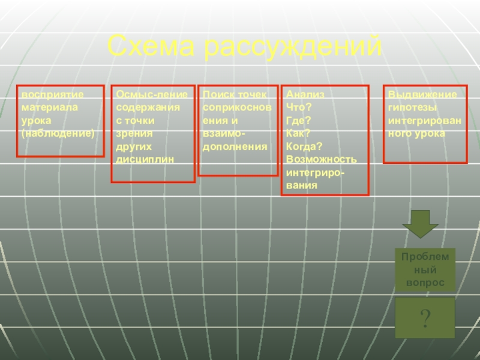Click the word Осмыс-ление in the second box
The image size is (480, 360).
[x=152, y=95]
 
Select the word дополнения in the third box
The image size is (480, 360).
[x=235, y=146]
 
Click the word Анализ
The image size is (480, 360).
[x=305, y=95]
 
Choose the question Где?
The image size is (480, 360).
[x=298, y=121]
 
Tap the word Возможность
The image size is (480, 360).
[x=321, y=160]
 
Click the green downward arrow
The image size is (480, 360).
[x=420, y=223]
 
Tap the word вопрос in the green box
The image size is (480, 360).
[x=425, y=282]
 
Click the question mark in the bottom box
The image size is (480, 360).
[x=425, y=319]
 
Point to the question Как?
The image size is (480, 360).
[x=298, y=134]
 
